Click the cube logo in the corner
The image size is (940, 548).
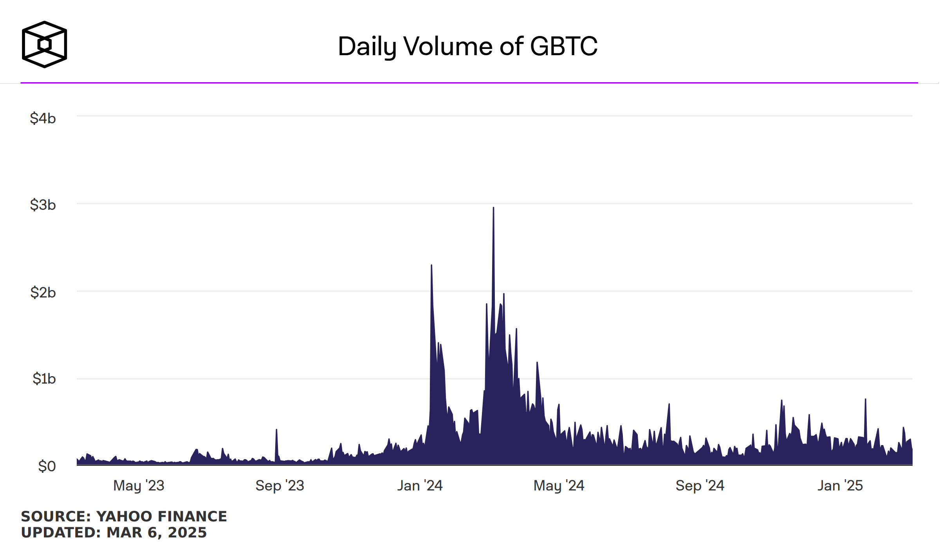pyautogui.click(x=44, y=44)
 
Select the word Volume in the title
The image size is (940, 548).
pyautogui.click(x=449, y=46)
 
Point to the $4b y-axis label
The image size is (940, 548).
pyautogui.click(x=43, y=118)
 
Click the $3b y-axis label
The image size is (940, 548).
pyautogui.click(x=43, y=205)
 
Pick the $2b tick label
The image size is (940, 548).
pyautogui.click(x=43, y=292)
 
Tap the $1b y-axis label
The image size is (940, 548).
pyautogui.click(x=44, y=379)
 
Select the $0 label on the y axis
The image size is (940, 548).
pyautogui.click(x=47, y=466)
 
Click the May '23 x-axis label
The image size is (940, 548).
pyautogui.click(x=139, y=486)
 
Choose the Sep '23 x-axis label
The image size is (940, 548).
pyautogui.click(x=280, y=486)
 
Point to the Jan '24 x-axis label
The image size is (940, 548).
pyautogui.click(x=420, y=486)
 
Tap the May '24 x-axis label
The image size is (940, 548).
pyautogui.click(x=559, y=486)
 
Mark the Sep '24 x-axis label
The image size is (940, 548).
pyautogui.click(x=700, y=486)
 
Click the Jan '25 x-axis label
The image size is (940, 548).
pyautogui.click(x=840, y=486)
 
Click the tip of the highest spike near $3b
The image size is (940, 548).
pyautogui.click(x=493, y=208)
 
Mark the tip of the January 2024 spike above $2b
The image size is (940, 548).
pyautogui.click(x=431, y=265)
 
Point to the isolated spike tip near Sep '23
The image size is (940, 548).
pyautogui.click(x=276, y=430)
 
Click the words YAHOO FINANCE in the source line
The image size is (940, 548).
pyautogui.click(x=161, y=517)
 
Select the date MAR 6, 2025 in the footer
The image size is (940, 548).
pyautogui.click(x=156, y=533)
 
